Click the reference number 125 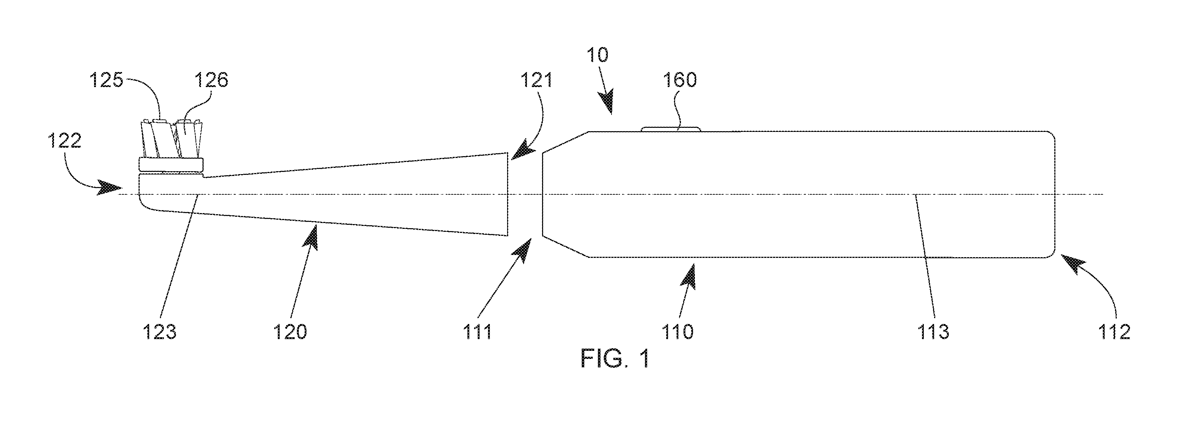tap(106, 80)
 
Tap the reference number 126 tap(211, 80)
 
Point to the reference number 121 tap(536, 80)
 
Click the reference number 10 tap(598, 55)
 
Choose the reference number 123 tap(159, 332)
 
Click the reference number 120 tap(290, 332)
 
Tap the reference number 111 tap(477, 332)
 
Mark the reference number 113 tap(933, 332)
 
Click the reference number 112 tap(1115, 332)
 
